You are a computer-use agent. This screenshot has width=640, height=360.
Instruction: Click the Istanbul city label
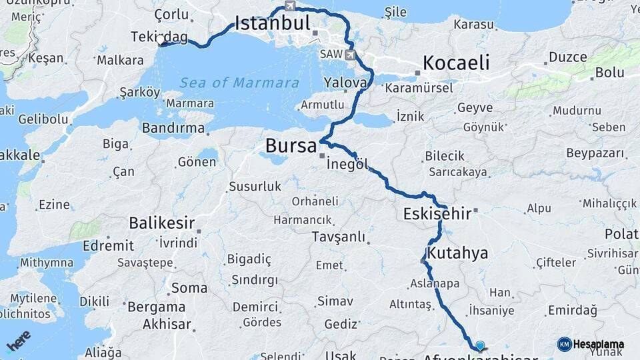pos(273,25)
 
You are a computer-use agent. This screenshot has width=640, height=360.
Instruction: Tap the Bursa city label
pos(290,145)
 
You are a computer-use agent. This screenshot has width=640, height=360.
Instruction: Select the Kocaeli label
pos(457,63)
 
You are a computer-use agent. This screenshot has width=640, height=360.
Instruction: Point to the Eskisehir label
pos(437,214)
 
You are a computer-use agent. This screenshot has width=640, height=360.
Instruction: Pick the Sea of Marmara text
pos(239,83)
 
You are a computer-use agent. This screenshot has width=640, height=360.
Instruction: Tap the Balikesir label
pos(162,222)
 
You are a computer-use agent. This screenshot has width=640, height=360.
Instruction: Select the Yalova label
pos(345,83)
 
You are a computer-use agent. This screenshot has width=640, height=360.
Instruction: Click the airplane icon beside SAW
pos(351,54)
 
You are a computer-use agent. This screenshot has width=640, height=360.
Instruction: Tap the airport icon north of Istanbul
pos(289,6)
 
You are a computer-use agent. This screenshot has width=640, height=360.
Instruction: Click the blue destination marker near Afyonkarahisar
pos(479,345)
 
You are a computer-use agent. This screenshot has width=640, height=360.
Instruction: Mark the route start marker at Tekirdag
pos(161,45)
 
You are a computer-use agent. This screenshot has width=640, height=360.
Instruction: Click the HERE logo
pos(18,341)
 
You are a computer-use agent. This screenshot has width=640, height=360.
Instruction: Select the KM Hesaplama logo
pos(591,344)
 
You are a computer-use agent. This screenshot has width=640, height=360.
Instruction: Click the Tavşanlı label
pos(339,237)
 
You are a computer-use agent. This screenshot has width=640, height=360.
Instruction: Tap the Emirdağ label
pos(572,311)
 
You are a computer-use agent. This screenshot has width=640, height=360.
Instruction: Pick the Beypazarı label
pos(595,154)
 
